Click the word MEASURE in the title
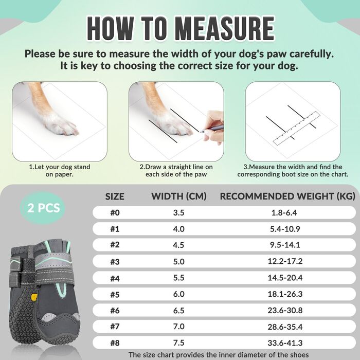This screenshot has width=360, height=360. tap(225, 29)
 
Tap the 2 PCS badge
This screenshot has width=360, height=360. tap(43, 208)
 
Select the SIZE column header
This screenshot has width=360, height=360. tap(115, 196)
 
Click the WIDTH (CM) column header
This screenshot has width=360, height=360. tap(179, 196)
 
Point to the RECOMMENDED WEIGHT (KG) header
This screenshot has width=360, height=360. tap(287, 196)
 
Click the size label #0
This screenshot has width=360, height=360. tap(115, 212)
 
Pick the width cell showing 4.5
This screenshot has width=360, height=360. tap(178, 245)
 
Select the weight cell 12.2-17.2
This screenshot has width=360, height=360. tap(285, 261)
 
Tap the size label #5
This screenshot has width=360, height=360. tap(115, 294)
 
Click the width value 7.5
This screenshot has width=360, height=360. tap(178, 343)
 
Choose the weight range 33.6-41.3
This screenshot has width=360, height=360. tap(285, 343)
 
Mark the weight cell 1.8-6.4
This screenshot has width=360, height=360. tap(284, 212)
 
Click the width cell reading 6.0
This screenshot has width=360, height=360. tap(178, 294)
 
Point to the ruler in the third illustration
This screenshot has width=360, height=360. tap(296, 128)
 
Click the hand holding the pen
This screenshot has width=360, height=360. tap(214, 128)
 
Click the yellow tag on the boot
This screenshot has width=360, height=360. tap(34, 297)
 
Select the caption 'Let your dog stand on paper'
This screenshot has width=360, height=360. tap(60, 171)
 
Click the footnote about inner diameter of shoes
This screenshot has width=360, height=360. tap(219, 355)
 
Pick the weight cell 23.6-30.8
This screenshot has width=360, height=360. tap(285, 311)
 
